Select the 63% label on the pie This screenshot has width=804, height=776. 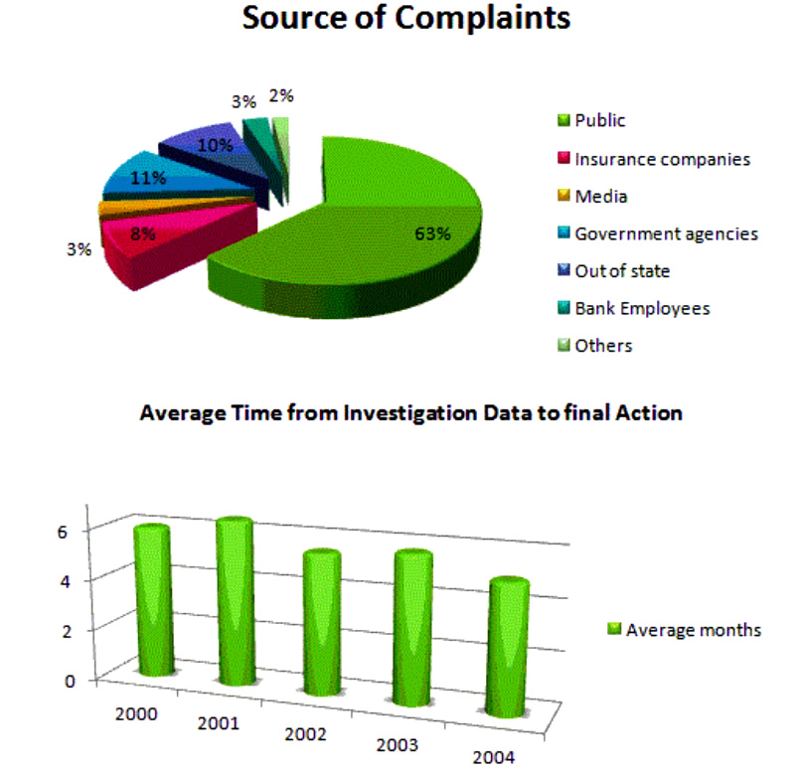432,234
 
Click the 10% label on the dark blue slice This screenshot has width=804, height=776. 209,145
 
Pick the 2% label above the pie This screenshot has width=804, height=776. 280,96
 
